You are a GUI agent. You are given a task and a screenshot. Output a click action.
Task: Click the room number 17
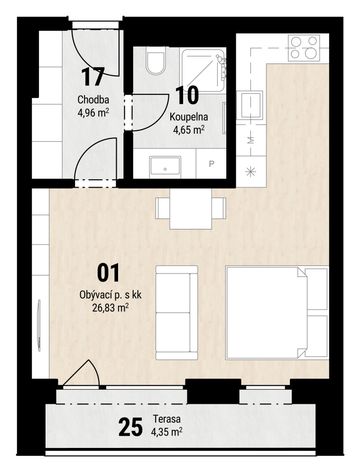click(x=93, y=77)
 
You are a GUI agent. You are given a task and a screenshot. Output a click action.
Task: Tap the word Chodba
click(x=93, y=100)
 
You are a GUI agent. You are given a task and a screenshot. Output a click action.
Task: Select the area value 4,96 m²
click(x=93, y=112)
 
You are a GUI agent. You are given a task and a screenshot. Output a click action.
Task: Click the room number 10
click(x=187, y=95)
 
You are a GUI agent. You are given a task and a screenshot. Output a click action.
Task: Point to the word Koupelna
click(x=189, y=117)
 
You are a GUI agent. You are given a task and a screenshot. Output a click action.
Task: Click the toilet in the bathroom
click(x=156, y=61)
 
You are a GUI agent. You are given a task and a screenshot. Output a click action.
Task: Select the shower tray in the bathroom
click(x=203, y=70)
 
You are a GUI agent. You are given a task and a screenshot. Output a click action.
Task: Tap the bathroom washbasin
click(x=165, y=165)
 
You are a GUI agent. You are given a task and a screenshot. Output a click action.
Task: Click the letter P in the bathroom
click(x=212, y=164)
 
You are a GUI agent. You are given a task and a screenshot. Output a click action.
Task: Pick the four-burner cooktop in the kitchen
click(x=304, y=48)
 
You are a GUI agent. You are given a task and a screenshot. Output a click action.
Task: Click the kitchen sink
click(x=251, y=105)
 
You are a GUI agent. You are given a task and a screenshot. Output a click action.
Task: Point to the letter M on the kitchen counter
click(x=251, y=140)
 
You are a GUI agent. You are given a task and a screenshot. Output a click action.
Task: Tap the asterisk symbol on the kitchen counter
click(x=251, y=172)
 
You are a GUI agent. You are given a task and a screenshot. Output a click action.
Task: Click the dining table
click(x=191, y=209)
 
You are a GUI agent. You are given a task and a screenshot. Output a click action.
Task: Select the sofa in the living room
click(x=176, y=312)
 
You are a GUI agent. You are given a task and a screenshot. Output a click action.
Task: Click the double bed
click(x=277, y=313)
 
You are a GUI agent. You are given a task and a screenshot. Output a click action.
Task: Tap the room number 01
click(x=108, y=273)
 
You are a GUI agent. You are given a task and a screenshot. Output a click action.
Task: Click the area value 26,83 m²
click(x=111, y=308)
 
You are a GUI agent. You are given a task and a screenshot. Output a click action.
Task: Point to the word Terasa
click(x=166, y=419)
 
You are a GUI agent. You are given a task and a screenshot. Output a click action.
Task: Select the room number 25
click(x=130, y=427)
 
